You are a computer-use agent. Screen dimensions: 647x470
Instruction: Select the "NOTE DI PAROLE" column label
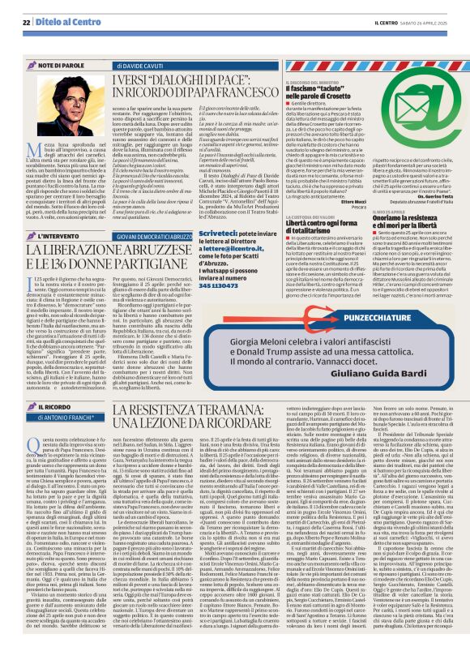[x=59, y=63]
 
